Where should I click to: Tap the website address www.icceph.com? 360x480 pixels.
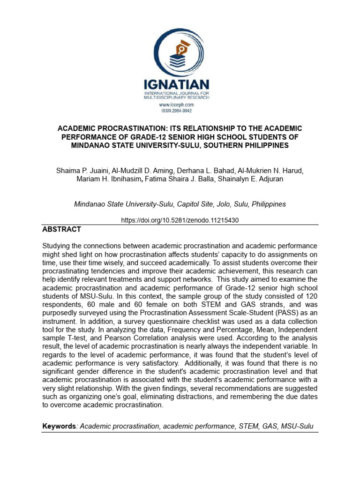(x=177, y=105)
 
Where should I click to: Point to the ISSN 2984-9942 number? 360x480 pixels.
(x=177, y=111)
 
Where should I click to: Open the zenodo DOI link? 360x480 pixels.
(x=180, y=220)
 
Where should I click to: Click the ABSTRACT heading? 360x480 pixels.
(x=61, y=229)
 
